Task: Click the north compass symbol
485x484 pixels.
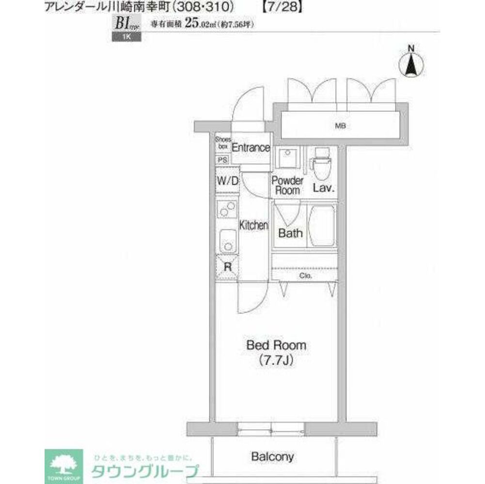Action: [x=411, y=63]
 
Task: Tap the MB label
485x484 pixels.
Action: [x=341, y=126]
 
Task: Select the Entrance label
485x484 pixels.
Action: [x=250, y=148]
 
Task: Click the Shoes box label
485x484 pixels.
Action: [x=222, y=142]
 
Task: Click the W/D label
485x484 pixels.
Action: [x=227, y=181]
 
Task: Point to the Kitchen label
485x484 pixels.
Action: [x=253, y=225]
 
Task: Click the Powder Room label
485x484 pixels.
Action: [x=287, y=185]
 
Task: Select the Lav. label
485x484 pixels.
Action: [x=324, y=188]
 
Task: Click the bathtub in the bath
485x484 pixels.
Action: [x=322, y=227]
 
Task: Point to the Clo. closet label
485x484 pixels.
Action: [x=305, y=276]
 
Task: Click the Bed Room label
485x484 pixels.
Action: [x=276, y=346]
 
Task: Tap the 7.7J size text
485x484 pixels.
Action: [x=277, y=361]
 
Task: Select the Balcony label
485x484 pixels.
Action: [x=272, y=456]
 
